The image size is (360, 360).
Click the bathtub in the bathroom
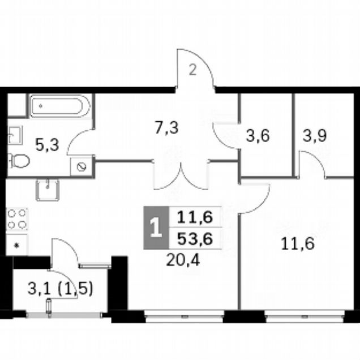point(60,106)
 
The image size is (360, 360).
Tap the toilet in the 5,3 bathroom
point(19,161)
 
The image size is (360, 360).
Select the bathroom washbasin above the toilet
point(15,135)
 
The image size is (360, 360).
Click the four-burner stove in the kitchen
point(17,219)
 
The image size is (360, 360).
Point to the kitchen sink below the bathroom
point(48,190)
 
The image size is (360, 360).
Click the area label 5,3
point(48,145)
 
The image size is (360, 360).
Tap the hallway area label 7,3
point(166,128)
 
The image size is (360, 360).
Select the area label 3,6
point(258,136)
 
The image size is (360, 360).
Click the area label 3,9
point(314,136)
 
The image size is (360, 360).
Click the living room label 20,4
point(183,260)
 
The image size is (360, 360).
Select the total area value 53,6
point(195,239)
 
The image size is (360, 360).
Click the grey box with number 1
point(156,228)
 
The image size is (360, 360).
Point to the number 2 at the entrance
point(193,70)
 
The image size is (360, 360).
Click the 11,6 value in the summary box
point(195,217)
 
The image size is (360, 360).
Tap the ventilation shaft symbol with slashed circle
point(82,167)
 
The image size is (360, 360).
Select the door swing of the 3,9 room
point(312,164)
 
